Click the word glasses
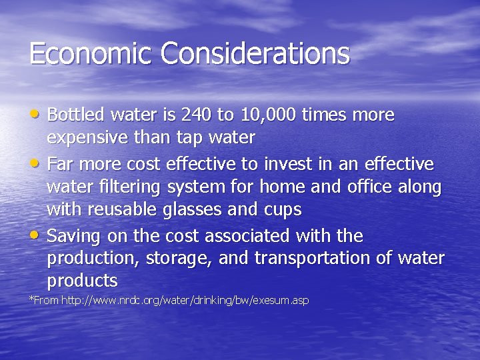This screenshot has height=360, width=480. pos(193,210)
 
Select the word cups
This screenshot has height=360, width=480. pos(283,210)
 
